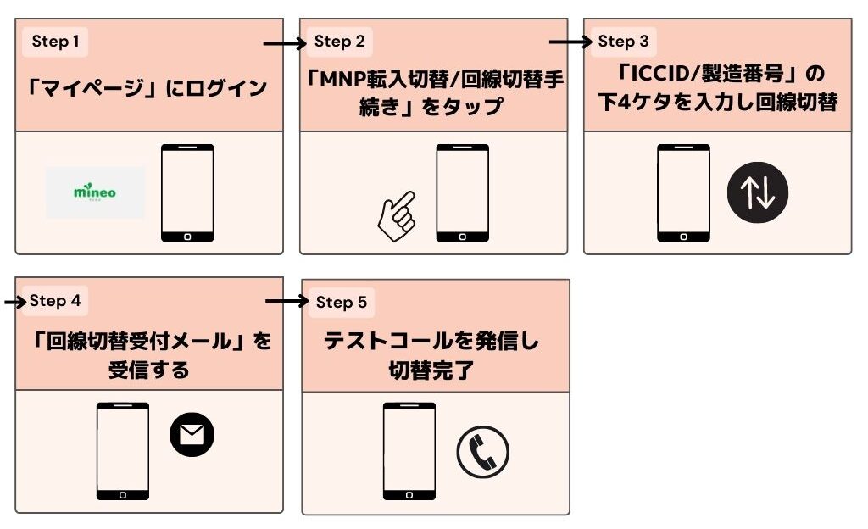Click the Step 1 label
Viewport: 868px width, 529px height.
click(55, 42)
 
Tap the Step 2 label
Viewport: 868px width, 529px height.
click(339, 42)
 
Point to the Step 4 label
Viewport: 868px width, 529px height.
click(55, 301)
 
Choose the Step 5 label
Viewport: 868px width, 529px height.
click(341, 302)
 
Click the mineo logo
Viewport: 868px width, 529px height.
click(95, 192)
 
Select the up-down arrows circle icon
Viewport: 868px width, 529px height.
click(757, 193)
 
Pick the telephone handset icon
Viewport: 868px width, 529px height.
click(482, 452)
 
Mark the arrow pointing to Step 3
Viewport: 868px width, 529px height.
click(570, 41)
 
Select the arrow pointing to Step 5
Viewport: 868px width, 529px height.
click(286, 301)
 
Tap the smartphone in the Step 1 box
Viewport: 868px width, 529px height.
click(187, 193)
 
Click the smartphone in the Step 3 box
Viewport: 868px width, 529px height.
click(683, 193)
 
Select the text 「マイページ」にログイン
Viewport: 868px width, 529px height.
click(147, 88)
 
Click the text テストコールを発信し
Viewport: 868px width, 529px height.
click(431, 342)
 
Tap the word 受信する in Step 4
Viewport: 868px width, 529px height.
click(148, 370)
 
